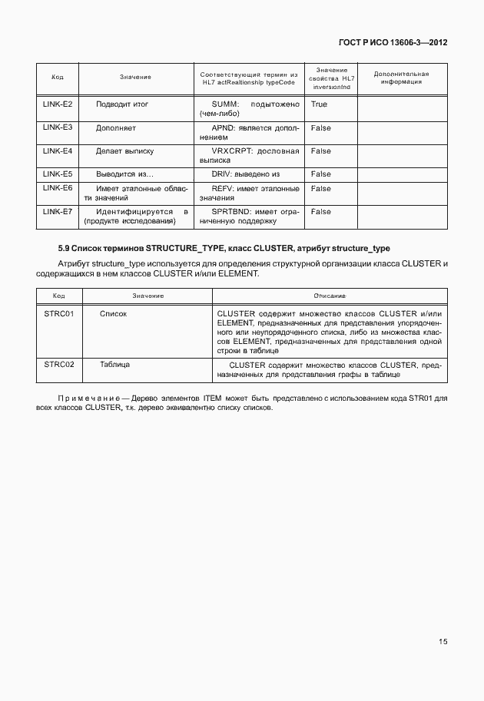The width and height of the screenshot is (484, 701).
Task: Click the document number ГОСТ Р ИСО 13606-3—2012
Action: click(392, 43)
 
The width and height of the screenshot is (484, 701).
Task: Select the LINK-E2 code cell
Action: click(58, 104)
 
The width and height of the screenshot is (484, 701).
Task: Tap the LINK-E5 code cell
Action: click(58, 174)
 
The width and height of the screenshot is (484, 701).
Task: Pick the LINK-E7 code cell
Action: click(58, 211)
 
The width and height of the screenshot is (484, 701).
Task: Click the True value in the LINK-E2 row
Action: click(319, 104)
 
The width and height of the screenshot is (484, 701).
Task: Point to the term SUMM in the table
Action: click(226, 104)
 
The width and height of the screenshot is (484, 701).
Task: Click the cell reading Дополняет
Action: click(116, 127)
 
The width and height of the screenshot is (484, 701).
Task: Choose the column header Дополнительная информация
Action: click(400, 77)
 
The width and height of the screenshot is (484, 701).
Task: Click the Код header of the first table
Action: click(58, 77)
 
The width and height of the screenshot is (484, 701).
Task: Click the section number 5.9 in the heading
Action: click(65, 250)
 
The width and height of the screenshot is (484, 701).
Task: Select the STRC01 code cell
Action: click(58, 314)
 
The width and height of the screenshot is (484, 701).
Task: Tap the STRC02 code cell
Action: click(58, 365)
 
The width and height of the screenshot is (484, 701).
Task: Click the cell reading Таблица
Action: click(114, 365)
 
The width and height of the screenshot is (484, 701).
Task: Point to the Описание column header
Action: click(330, 296)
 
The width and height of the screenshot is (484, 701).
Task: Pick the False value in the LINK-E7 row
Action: click(321, 211)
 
